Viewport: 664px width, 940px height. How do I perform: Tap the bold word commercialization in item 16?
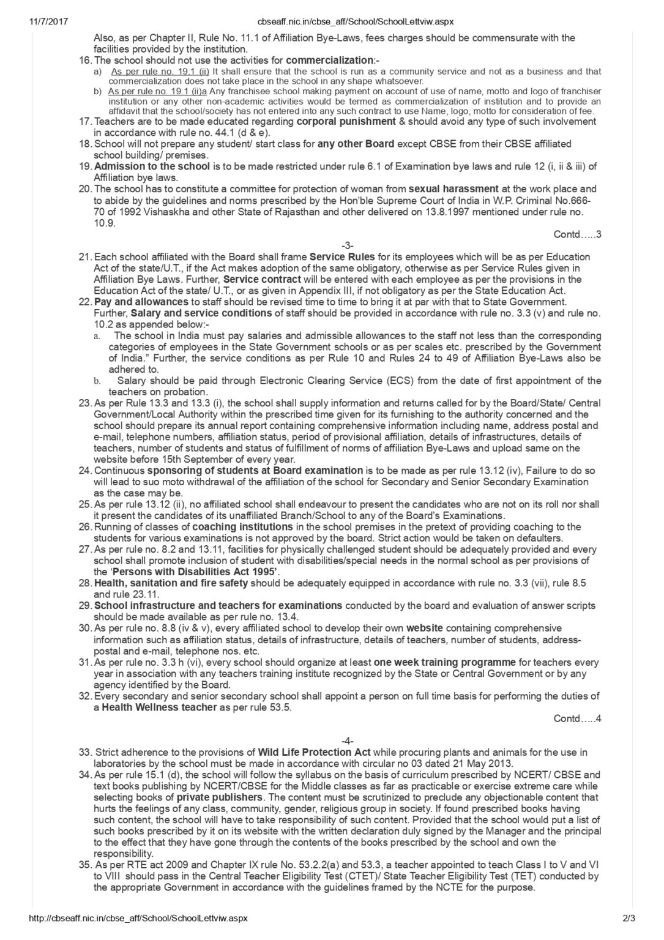329,61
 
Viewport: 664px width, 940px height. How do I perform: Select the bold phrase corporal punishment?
346,121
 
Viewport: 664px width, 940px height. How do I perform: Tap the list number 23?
85,403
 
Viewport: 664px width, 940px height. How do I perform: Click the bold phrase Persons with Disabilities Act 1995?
186,572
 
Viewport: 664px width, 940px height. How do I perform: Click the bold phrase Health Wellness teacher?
160,707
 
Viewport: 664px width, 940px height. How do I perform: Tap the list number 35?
85,865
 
